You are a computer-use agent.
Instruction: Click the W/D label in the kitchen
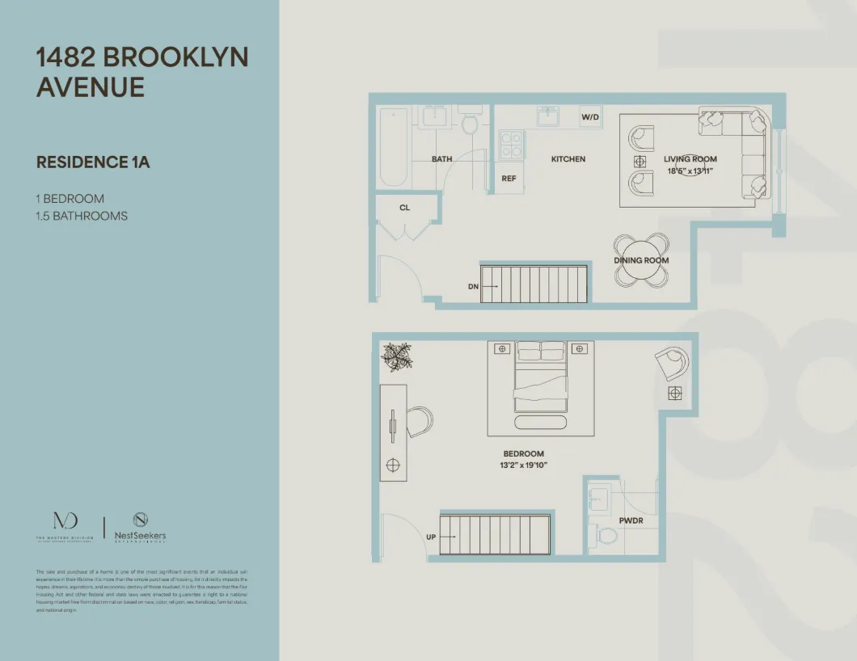coord(590,118)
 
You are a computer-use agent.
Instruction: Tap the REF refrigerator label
coord(509,179)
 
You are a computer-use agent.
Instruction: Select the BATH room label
coord(441,159)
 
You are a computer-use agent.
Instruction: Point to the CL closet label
coord(405,208)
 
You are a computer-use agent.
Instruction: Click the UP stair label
coord(431,537)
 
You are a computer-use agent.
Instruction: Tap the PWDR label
coord(631,521)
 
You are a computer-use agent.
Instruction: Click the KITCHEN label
coord(568,159)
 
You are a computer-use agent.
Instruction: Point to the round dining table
coord(641,261)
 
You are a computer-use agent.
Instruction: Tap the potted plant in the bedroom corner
coord(397,356)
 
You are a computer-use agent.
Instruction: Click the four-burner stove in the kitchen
coord(511,145)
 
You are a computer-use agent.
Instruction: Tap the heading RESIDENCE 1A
coord(93,162)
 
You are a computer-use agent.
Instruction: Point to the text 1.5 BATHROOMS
coord(82,216)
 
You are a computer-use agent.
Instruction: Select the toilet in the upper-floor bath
coord(469,124)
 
